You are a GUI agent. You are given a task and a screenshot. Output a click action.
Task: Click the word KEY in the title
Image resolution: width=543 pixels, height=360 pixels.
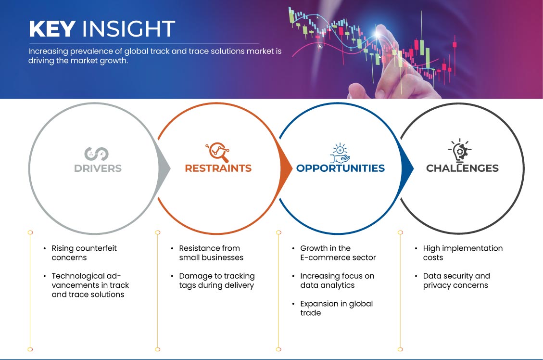(x=52, y=29)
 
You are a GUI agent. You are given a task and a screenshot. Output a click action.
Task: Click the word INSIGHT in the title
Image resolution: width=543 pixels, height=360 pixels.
(x=128, y=29)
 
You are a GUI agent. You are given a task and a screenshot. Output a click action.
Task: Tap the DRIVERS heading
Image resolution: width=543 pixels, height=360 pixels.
(x=98, y=168)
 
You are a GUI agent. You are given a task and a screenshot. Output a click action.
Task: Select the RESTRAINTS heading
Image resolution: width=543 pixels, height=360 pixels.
(x=218, y=168)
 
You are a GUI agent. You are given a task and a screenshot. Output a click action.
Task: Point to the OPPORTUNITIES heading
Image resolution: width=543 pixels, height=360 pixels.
(x=341, y=168)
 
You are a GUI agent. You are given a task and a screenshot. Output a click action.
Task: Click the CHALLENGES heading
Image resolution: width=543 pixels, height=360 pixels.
(x=462, y=168)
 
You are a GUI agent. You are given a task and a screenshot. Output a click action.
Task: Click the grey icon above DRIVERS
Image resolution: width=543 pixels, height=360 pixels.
(x=97, y=154)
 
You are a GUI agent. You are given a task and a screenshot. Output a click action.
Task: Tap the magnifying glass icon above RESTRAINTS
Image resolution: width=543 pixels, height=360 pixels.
(x=217, y=152)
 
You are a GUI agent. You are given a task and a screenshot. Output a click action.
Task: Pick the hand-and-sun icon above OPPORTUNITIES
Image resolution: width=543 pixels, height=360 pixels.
(x=340, y=153)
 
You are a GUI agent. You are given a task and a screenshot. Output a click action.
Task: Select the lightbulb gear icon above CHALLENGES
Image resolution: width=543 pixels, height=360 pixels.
(x=460, y=150)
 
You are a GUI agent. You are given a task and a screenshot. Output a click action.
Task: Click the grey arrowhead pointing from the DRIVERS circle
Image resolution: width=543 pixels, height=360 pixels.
(x=164, y=168)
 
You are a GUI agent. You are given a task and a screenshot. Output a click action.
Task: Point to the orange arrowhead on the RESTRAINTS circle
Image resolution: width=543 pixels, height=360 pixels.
(x=286, y=168)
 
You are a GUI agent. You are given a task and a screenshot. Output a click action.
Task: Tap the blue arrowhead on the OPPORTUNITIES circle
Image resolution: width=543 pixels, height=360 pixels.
(x=407, y=168)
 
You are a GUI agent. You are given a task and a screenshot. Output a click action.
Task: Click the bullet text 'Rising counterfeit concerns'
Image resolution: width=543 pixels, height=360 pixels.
(x=84, y=253)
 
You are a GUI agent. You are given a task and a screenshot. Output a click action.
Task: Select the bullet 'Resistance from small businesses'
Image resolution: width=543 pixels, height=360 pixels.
(x=211, y=253)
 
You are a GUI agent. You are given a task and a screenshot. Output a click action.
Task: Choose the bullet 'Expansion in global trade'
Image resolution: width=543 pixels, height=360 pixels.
(x=337, y=309)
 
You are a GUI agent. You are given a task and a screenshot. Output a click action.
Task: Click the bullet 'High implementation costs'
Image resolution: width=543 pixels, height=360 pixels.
(x=463, y=253)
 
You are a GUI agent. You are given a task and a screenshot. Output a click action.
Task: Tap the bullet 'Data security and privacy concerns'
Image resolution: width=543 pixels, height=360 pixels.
(x=456, y=281)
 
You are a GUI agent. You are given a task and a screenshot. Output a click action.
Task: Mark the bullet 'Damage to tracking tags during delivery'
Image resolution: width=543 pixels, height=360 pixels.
(x=217, y=281)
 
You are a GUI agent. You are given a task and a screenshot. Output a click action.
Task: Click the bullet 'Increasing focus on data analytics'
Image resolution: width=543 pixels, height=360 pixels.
(x=337, y=281)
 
